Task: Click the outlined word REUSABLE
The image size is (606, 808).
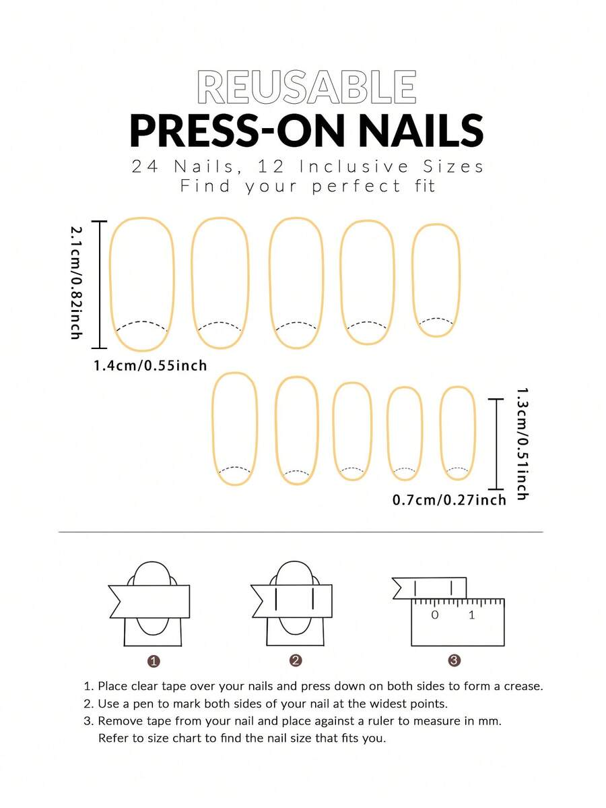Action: [x=307, y=87]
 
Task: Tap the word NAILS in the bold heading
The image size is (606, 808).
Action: [x=421, y=130]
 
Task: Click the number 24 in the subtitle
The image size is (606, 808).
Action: [x=145, y=166]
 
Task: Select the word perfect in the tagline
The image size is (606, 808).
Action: [x=356, y=185]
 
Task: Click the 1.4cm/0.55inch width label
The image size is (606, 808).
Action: [x=150, y=365]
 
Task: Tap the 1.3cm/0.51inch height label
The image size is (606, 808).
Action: [x=522, y=443]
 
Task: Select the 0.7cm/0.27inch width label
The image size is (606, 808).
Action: [x=450, y=500]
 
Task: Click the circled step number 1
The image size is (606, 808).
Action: [x=154, y=661]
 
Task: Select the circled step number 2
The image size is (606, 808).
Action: [x=296, y=660]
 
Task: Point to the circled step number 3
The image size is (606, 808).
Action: [x=454, y=660]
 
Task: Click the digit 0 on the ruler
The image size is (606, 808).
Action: [x=435, y=615]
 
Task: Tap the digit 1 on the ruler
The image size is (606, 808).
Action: [x=471, y=615]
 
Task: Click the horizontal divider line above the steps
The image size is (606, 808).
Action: [x=301, y=532]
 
